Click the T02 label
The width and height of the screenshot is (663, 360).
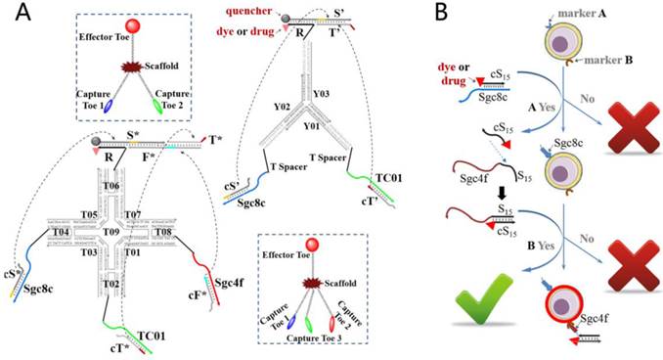pos(113,284)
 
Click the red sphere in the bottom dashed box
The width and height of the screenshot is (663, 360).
pos(315,244)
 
